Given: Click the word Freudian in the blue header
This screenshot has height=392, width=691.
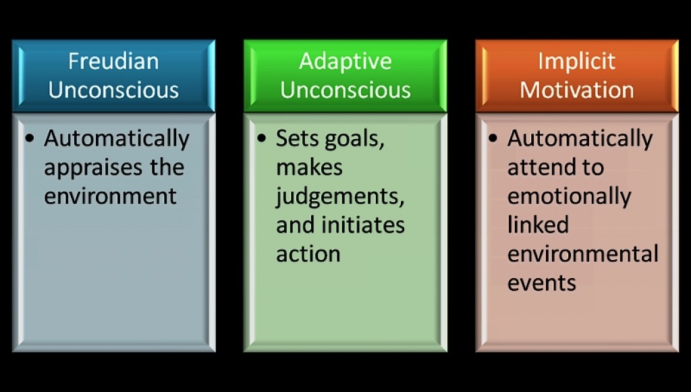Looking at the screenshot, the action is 113,61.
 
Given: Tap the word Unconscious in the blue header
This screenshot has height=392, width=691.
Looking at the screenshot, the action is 113,90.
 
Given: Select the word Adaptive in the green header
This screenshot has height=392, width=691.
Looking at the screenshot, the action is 345,61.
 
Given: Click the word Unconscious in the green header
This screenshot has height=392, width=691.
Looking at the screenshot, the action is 345,90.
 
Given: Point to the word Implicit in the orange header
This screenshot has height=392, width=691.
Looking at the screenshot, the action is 576,61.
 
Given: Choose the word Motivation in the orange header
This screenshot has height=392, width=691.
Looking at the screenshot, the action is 576,90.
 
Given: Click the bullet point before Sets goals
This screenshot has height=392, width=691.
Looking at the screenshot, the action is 261,138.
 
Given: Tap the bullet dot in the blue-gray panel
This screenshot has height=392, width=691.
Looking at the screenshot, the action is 30,138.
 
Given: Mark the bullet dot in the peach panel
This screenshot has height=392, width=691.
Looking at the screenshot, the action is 493,138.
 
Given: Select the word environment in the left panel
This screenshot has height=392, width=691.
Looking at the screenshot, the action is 110,196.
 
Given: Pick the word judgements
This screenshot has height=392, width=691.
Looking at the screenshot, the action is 340,197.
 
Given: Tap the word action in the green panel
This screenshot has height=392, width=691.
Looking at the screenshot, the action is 308,254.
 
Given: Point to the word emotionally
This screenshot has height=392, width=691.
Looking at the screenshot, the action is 570,197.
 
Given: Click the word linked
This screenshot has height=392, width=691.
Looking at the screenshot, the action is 538,225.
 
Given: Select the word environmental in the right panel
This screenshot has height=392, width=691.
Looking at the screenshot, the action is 582,254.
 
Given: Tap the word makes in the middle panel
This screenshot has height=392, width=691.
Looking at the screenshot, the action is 309,167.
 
